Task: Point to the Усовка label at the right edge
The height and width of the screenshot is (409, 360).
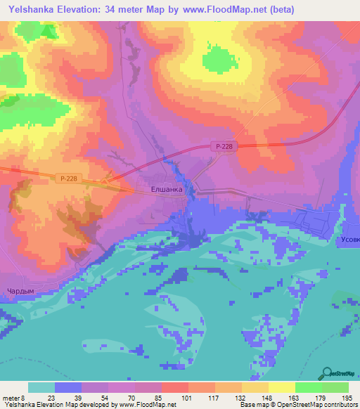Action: click(347, 240)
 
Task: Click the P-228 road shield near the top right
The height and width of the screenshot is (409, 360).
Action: click(224, 146)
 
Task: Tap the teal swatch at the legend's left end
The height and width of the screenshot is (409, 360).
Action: click(41, 387)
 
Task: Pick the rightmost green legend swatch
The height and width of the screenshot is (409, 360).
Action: click(335, 387)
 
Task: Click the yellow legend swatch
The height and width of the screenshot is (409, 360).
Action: click(281, 387)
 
